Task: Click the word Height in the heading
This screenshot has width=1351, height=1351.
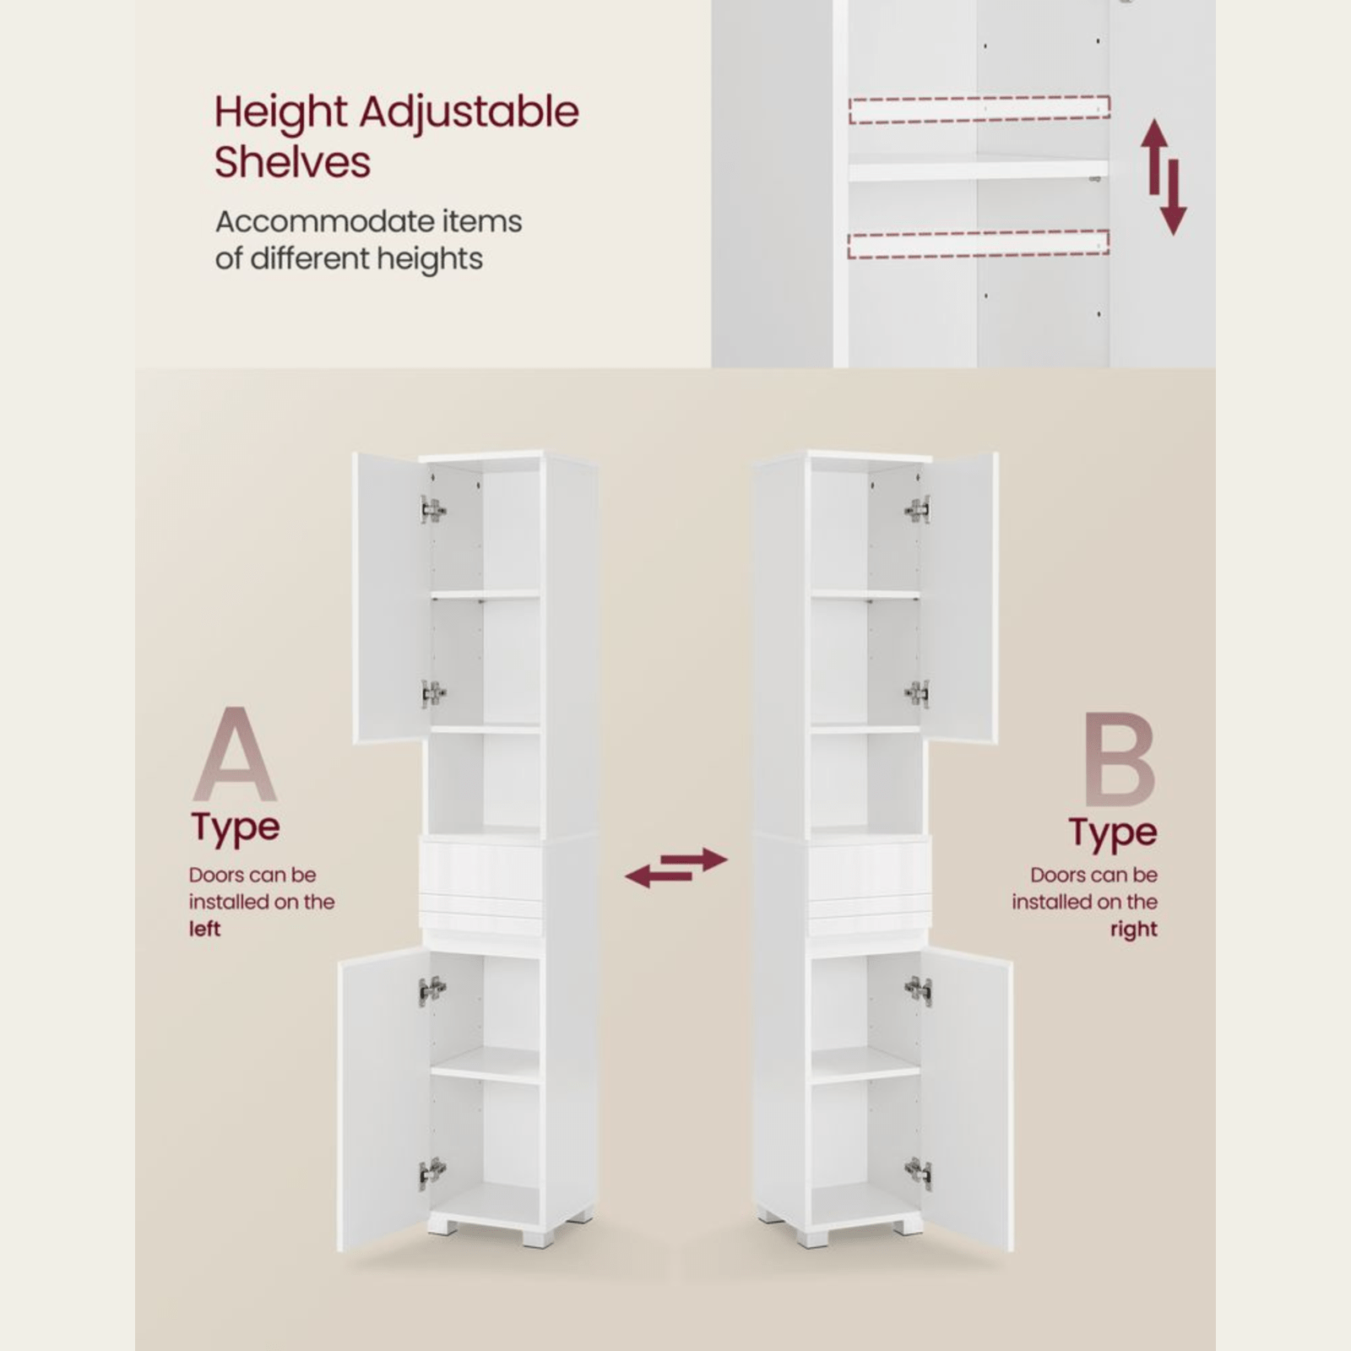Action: tap(281, 113)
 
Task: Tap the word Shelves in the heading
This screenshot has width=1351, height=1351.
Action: tap(292, 162)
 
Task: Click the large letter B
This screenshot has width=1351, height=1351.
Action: tap(1120, 760)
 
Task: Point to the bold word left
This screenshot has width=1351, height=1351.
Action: tap(204, 929)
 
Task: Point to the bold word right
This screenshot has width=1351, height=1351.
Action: tap(1133, 930)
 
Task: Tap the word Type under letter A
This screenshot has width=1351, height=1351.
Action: tap(235, 827)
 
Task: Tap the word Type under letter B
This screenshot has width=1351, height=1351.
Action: tap(1112, 833)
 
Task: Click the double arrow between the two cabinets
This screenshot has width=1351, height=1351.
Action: tap(675, 868)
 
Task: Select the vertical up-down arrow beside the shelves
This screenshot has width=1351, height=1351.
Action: tap(1164, 176)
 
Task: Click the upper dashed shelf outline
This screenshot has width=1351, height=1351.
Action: tap(979, 110)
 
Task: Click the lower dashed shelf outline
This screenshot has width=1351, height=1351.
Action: tap(978, 243)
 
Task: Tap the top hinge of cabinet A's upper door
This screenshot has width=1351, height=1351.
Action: tap(432, 509)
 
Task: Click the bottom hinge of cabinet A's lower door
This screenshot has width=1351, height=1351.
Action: tap(431, 1172)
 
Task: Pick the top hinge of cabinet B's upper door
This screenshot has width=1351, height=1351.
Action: tap(918, 509)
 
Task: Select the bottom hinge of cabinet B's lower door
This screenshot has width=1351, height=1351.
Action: tap(919, 1172)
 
